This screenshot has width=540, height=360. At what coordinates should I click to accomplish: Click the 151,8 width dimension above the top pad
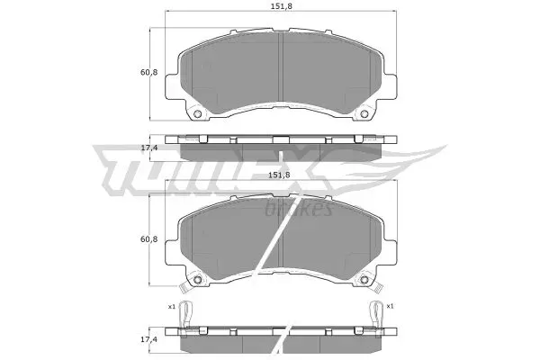[280, 6]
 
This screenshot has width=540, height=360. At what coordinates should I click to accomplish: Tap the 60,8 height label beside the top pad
[148, 72]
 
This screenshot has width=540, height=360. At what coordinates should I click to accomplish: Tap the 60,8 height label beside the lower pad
[148, 238]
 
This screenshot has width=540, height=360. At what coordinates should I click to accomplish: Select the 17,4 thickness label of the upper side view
[148, 148]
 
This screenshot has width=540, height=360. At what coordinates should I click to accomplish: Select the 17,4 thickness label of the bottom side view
[148, 339]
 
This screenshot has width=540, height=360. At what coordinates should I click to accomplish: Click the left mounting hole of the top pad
[197, 114]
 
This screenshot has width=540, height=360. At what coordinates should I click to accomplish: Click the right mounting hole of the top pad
[364, 114]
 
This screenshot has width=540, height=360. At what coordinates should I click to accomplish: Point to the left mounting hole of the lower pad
[197, 280]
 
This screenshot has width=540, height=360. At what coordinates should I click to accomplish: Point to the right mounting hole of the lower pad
[364, 280]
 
